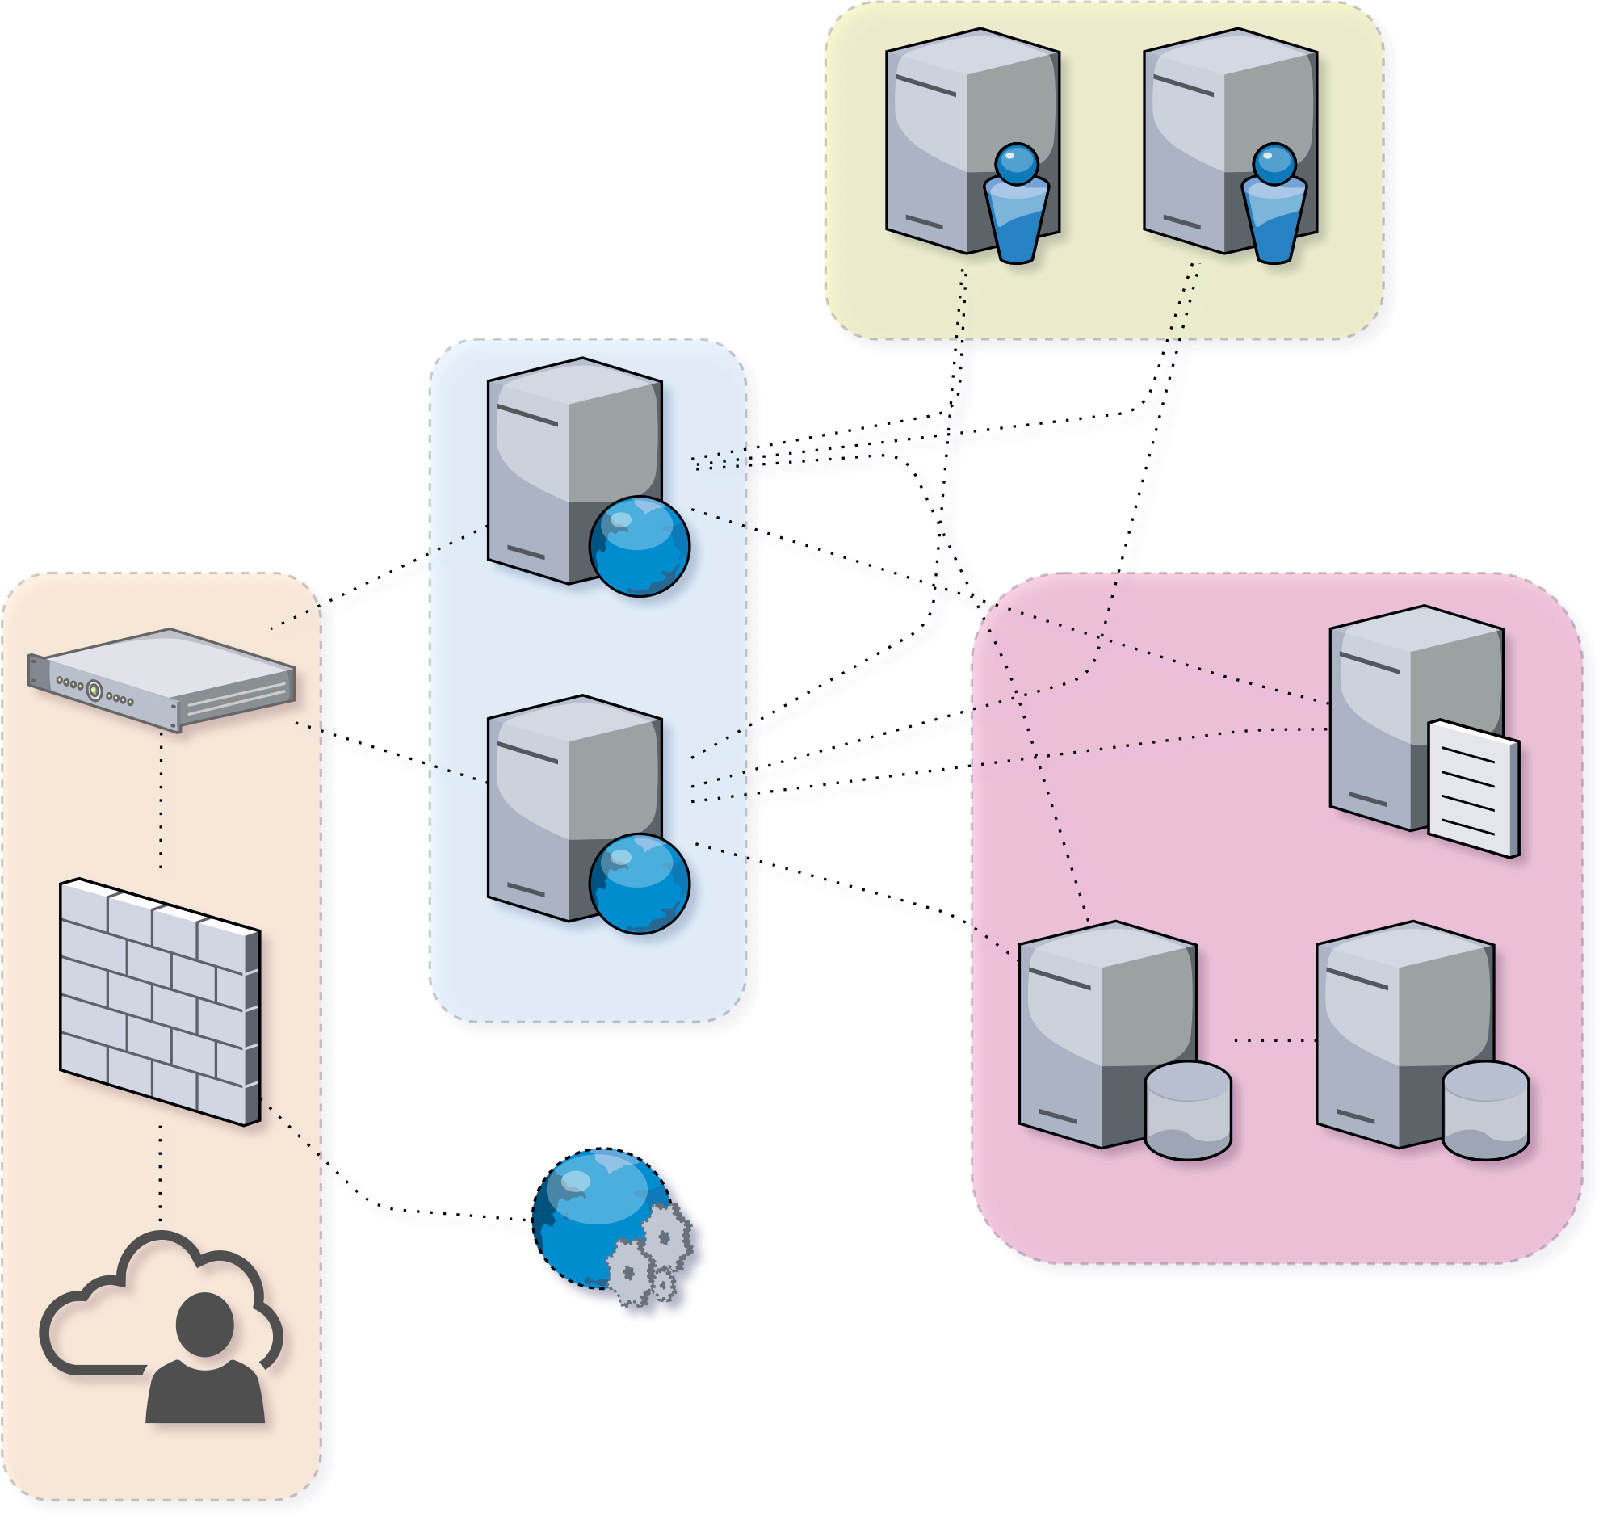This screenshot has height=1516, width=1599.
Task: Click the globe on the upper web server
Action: click(639, 546)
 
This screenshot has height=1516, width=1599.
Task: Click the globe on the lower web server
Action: click(639, 884)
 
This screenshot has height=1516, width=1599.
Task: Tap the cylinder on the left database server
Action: click(1188, 1111)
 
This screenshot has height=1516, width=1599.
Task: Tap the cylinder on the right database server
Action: click(1485, 1111)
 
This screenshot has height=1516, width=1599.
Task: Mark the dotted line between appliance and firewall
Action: click(162, 800)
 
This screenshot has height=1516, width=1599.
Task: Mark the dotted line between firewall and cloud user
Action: click(160, 1172)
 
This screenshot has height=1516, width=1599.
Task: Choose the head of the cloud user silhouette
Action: click(205, 1325)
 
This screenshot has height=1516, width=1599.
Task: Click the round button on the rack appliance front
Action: click(94, 690)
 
